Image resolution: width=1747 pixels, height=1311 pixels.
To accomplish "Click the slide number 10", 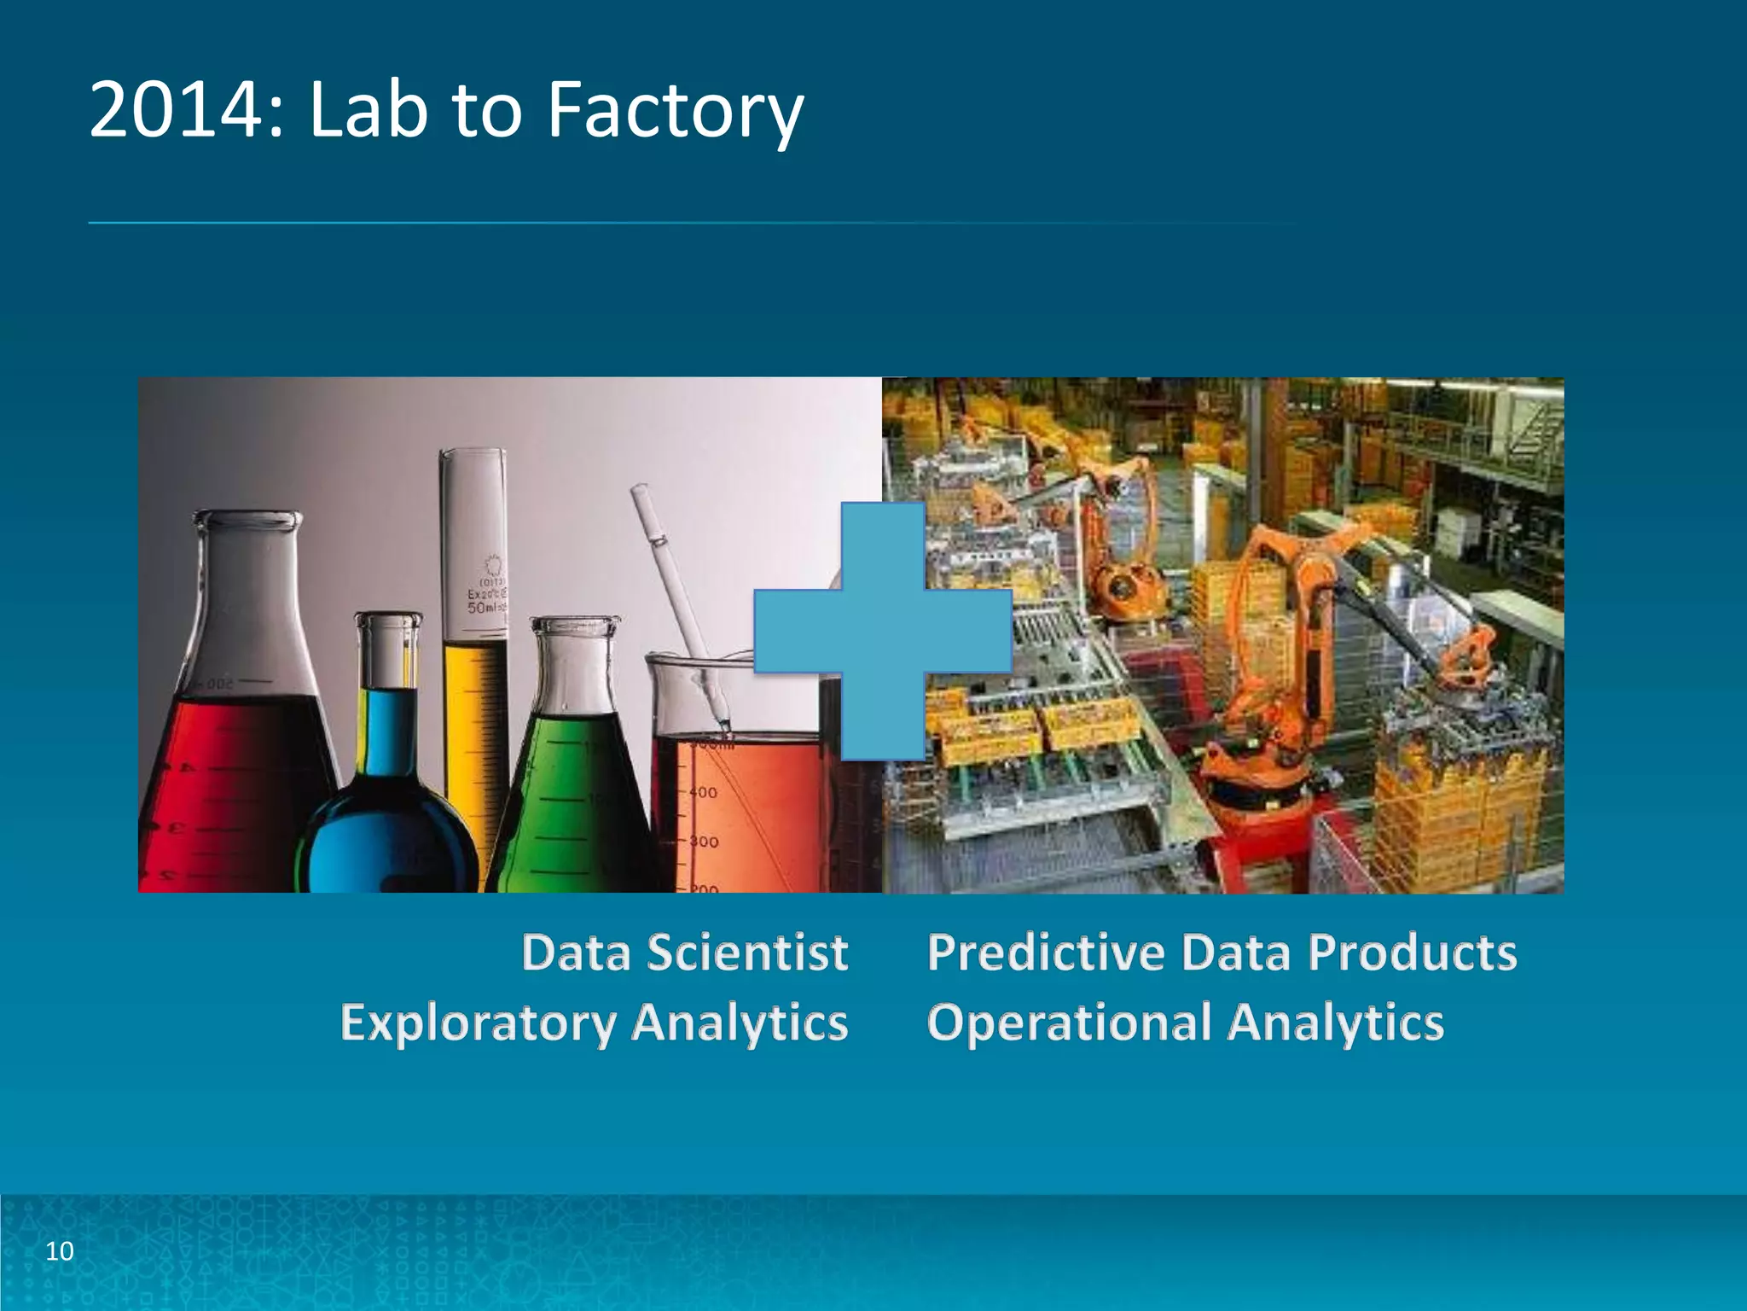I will click(60, 1251).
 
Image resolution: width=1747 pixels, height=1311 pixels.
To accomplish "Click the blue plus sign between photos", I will click(883, 632).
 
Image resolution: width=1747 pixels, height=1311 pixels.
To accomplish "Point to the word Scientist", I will click(747, 953).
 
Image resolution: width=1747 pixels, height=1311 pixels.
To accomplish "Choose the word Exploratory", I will click(478, 1023).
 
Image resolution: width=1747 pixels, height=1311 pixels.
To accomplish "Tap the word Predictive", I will click(1046, 953).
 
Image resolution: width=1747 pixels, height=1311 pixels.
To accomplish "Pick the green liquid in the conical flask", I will click(572, 802).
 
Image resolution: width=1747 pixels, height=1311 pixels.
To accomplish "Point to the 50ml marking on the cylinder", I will click(483, 608).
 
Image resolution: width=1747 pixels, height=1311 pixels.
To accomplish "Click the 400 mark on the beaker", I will click(703, 793).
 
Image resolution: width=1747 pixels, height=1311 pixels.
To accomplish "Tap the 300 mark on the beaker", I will click(704, 842).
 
